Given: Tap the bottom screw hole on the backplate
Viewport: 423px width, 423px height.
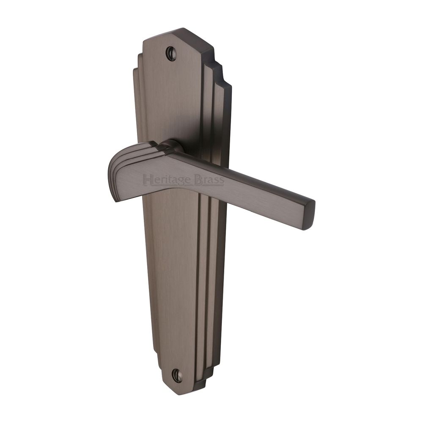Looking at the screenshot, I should click(176, 374).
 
